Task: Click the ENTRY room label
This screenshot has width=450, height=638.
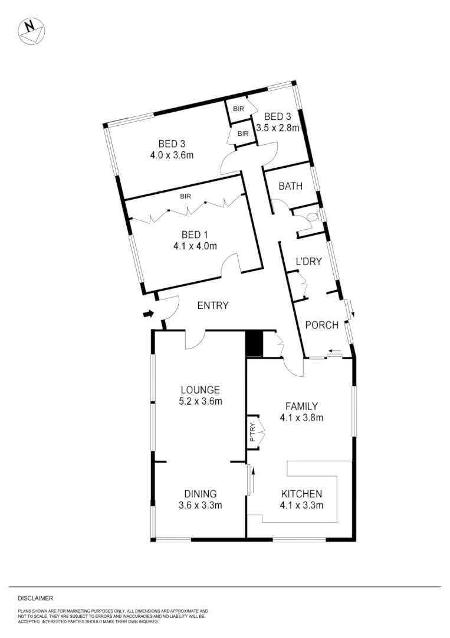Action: (x=213, y=305)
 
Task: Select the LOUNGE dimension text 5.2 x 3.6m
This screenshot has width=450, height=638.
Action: (x=201, y=402)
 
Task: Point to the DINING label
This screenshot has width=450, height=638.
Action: (x=201, y=494)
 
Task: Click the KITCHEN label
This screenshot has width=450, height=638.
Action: (x=301, y=494)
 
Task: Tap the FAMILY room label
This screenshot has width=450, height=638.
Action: (x=301, y=406)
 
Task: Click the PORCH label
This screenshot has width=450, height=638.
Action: (x=321, y=325)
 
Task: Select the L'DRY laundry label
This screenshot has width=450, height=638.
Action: (x=308, y=261)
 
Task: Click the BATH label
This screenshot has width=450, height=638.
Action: (x=290, y=186)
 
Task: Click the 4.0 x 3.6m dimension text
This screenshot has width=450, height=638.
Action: (x=172, y=155)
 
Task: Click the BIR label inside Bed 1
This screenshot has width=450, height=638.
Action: (x=186, y=196)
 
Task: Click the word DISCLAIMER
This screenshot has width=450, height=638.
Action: (x=35, y=598)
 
